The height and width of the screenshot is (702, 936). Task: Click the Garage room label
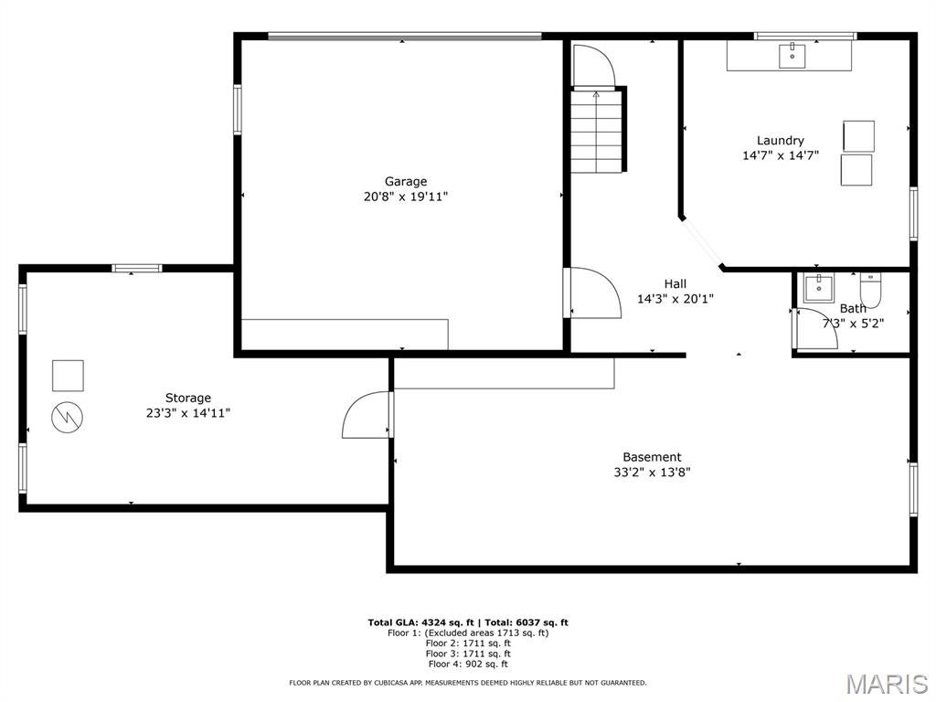point(405,181)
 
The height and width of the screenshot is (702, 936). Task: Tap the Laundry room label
point(780,140)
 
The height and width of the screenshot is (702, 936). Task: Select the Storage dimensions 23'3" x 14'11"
point(188,412)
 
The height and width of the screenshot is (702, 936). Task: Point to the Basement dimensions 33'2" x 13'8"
point(652,473)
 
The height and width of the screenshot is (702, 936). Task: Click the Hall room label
point(675,283)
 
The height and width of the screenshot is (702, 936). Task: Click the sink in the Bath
point(818,287)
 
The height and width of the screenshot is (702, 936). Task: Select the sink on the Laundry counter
point(792,56)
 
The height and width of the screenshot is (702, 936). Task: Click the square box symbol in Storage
point(68,375)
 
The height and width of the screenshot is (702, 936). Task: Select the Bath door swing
point(815,329)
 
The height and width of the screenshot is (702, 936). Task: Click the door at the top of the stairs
point(591,65)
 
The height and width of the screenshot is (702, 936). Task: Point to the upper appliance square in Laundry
point(858,135)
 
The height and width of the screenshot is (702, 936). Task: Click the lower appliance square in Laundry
point(856,170)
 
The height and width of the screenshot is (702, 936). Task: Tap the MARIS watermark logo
point(886,684)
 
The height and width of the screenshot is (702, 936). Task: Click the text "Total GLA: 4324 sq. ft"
point(420,622)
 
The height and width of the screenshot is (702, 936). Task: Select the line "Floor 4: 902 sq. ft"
point(467,665)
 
